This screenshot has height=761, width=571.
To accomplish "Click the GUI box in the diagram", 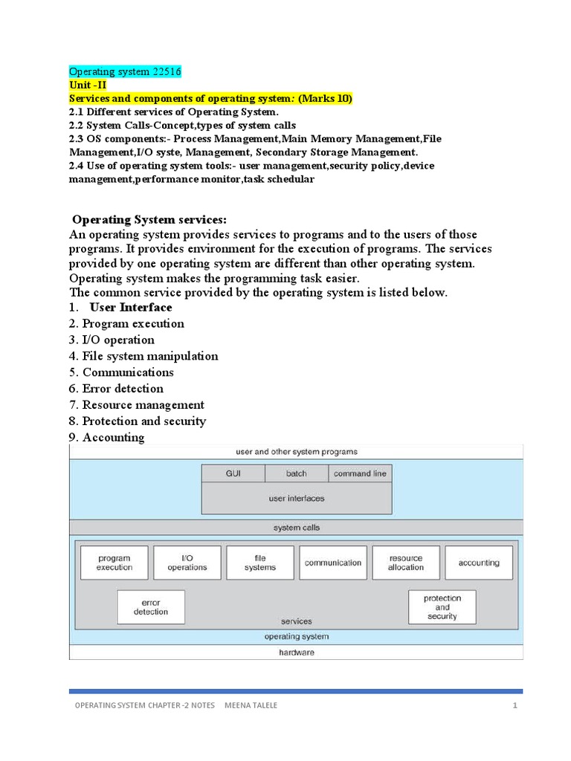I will [x=233, y=473].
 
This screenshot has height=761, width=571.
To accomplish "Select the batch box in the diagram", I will [x=296, y=473].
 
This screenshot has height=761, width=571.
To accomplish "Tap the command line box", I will [x=360, y=473].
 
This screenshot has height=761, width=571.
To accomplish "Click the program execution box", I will [x=114, y=563].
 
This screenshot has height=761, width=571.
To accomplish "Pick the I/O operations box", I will [x=187, y=563].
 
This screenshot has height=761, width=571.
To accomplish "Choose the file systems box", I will [x=259, y=563].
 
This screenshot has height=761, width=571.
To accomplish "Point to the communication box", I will [x=332, y=563].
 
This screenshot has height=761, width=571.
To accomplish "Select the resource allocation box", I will [x=405, y=563].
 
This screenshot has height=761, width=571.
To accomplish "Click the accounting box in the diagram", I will [x=478, y=563].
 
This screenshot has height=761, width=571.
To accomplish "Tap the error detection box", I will [x=151, y=607].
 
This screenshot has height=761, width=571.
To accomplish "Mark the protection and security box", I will [x=442, y=607].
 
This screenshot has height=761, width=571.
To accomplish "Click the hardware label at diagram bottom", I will [x=296, y=652].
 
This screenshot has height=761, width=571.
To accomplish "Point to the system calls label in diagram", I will [x=296, y=528].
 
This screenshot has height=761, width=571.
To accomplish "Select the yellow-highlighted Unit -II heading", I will [x=88, y=85].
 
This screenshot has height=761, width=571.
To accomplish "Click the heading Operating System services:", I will [x=149, y=219].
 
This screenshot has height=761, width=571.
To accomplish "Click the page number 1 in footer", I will [x=514, y=705].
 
